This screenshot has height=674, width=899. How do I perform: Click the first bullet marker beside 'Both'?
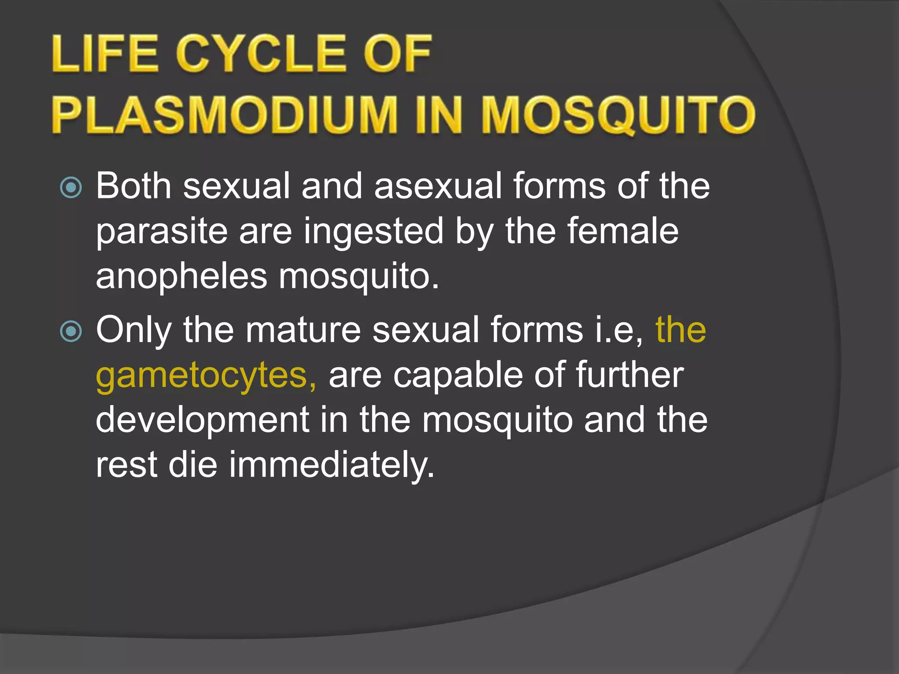(71, 187)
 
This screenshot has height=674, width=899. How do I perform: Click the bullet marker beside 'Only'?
(71, 331)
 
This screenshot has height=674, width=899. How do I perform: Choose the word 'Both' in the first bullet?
(133, 186)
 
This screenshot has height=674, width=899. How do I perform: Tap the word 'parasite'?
(162, 233)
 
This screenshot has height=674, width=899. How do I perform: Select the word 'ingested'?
(374, 233)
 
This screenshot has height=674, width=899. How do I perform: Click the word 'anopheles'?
(181, 277)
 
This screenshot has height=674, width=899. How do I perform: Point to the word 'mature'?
(303, 330)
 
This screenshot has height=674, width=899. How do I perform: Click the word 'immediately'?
(331, 465)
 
